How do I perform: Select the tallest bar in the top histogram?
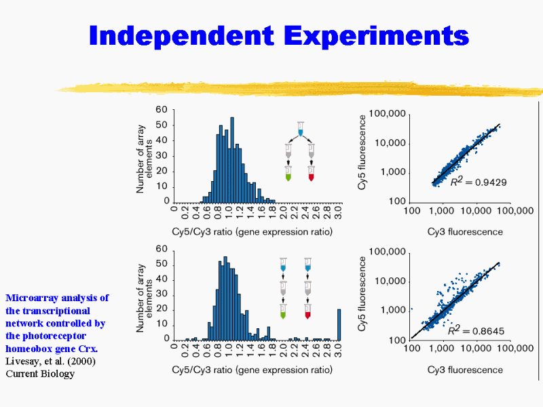click(x=232, y=160)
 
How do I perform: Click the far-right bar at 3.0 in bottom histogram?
click(x=339, y=324)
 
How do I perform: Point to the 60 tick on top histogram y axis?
click(x=162, y=110)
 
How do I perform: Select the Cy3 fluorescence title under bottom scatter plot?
click(x=465, y=370)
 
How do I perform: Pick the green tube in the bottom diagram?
click(x=284, y=313)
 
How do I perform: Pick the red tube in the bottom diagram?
click(x=308, y=313)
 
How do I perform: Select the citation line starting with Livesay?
click(x=50, y=361)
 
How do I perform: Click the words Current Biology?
click(x=40, y=373)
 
